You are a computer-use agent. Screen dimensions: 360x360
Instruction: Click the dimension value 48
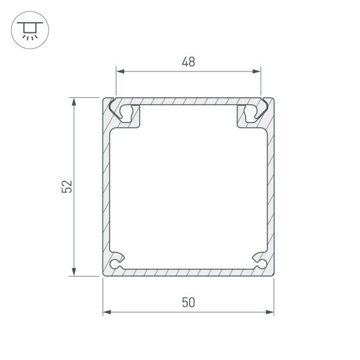coord(188,61)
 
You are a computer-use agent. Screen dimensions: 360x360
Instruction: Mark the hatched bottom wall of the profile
coord(188,272)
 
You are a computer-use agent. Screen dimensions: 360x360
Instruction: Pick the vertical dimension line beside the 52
coord(75,150)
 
